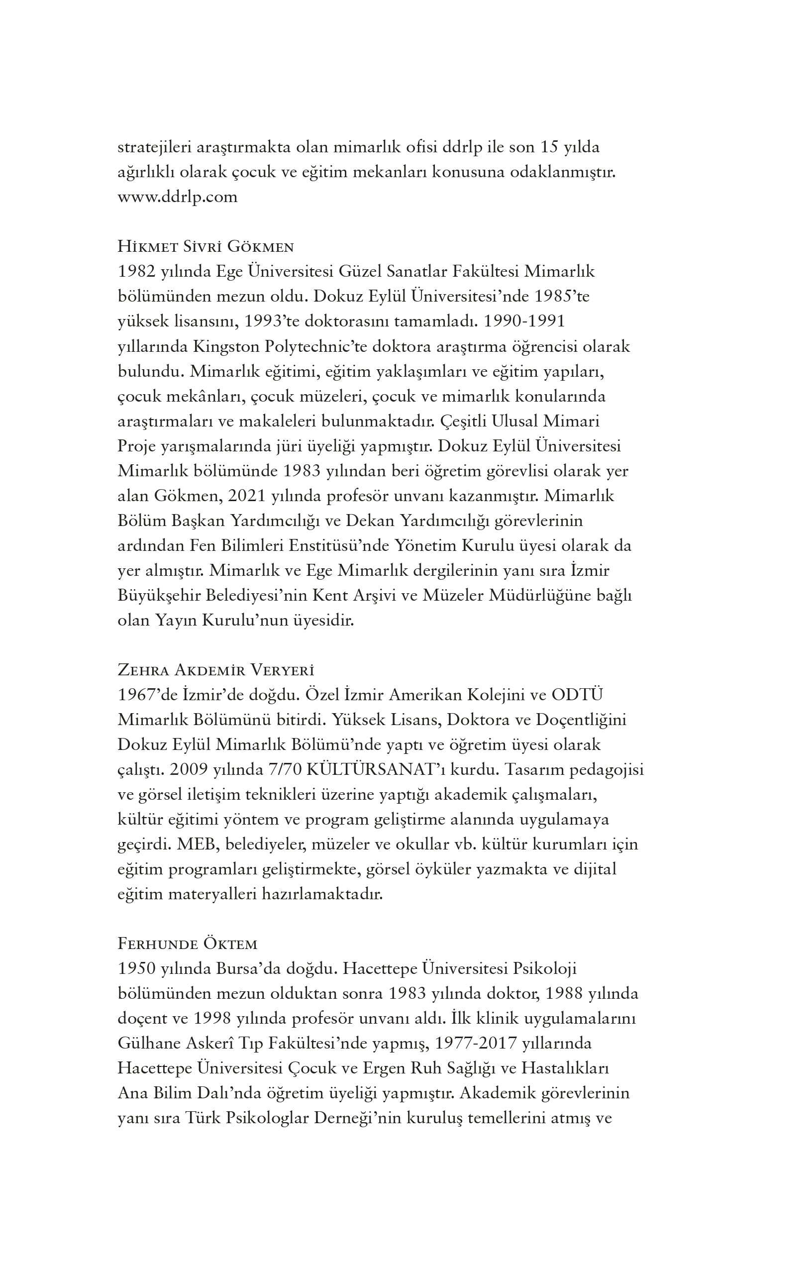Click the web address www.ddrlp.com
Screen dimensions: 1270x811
[x=177, y=197]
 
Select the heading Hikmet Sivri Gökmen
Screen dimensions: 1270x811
[x=205, y=247]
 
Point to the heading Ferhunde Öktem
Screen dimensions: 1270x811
[x=187, y=944]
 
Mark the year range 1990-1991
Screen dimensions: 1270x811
[x=524, y=321]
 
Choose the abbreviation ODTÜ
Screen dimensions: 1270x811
[x=577, y=695]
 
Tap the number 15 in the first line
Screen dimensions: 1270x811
[x=549, y=147]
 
